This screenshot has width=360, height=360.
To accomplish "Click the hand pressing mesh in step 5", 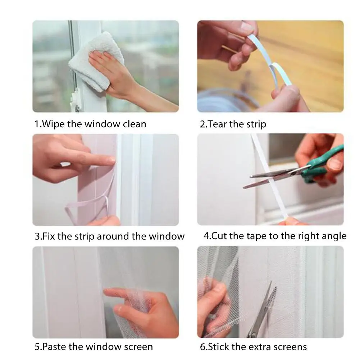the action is click(x=142, y=312).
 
